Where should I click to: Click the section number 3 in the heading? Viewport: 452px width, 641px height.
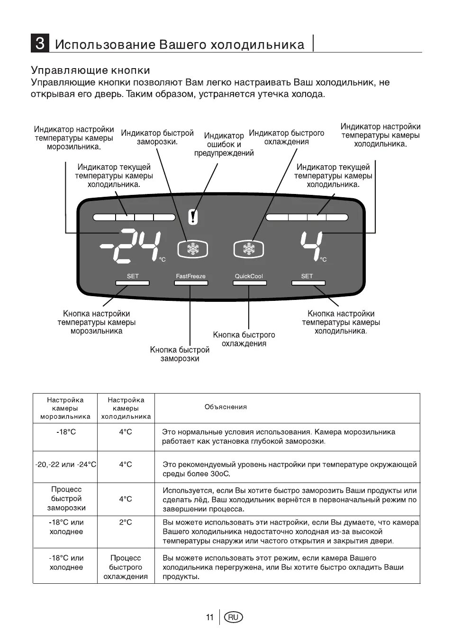point(40,44)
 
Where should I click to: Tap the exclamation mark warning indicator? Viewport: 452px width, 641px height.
point(192,217)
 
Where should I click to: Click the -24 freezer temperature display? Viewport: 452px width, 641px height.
point(130,246)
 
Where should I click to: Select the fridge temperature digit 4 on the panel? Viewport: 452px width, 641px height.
point(311,246)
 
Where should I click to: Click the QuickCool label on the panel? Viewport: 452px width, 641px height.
point(249,276)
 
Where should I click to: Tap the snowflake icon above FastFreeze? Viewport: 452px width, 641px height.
point(192,249)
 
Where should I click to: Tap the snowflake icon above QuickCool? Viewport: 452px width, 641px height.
point(248,249)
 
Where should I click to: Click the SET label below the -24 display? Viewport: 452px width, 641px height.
point(133,276)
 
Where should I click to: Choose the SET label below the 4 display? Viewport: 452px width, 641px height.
point(307,276)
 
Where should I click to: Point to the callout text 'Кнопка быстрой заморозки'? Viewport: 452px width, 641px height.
point(180,354)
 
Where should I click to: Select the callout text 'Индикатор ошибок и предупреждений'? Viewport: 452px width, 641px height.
point(224,144)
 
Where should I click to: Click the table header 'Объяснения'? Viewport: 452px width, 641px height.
point(226,407)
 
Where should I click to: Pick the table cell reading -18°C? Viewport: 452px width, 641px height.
point(66,432)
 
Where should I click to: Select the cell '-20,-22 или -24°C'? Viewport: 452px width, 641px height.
point(65,465)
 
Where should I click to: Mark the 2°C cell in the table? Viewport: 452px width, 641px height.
point(126,522)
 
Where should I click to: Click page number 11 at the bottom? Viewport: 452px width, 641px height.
point(210,617)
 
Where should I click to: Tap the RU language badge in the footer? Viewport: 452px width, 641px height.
point(233,617)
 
